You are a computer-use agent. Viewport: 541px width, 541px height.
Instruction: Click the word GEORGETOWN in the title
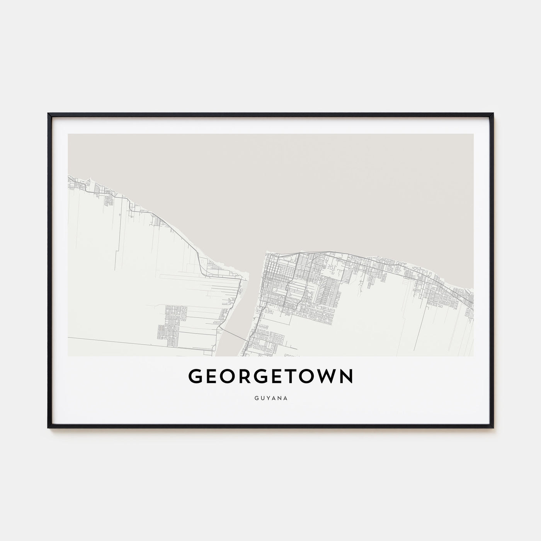tap(270, 377)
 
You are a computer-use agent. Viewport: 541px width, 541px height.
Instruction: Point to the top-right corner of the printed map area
tap(473, 134)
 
